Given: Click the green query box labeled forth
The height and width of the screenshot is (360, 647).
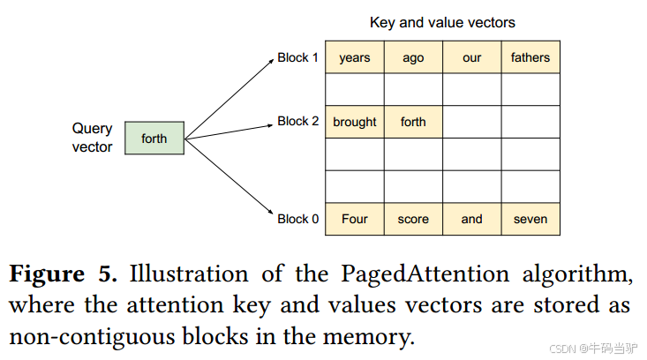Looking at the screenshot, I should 154,139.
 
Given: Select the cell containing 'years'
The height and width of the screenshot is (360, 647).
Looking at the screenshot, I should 355,58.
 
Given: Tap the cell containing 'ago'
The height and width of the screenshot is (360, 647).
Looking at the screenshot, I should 413,58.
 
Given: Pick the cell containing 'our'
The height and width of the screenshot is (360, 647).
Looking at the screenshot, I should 471,58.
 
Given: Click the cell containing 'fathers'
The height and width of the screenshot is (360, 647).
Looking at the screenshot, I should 530,58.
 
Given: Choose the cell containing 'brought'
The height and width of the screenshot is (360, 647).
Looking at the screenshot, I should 355,122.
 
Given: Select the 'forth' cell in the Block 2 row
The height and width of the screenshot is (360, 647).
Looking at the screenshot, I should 413,122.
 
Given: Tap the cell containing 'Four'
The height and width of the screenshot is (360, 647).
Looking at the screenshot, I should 355,219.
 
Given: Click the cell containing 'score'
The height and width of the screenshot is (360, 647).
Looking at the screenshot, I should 413,219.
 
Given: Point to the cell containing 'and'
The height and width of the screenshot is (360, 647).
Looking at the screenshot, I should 471,219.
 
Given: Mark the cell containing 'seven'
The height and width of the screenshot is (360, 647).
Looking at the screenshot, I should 530,219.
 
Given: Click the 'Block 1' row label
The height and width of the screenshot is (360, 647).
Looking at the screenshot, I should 298,58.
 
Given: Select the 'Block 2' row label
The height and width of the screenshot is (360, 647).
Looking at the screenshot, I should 298,122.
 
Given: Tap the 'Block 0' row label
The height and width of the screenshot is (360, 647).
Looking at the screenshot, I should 298,219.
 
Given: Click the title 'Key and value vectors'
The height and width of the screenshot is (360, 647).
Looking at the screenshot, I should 442,23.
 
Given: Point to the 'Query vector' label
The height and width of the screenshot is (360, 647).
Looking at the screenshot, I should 92,139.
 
